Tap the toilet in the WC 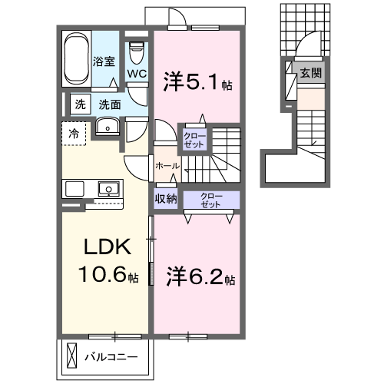[x=137, y=53]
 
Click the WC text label [x=137, y=74]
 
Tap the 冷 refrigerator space [x=74, y=132]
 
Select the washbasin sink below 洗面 [x=107, y=127]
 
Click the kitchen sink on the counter [x=107, y=188]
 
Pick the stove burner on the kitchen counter [x=74, y=189]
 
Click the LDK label [x=108, y=247]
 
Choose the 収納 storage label [x=166, y=198]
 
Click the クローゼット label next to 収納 [x=210, y=200]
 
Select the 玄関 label [x=310, y=74]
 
